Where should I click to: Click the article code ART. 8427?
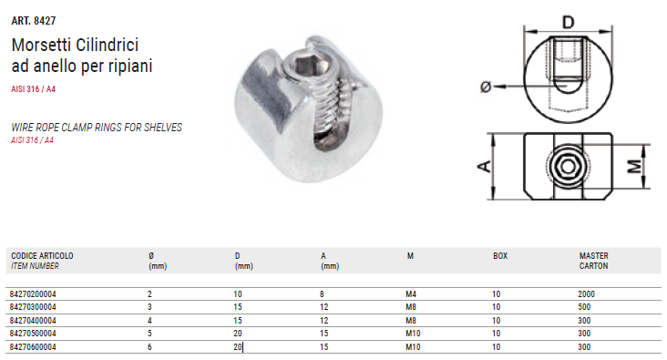34,20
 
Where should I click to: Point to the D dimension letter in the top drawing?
569,22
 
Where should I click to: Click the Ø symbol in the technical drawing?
486,87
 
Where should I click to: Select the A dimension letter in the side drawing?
485,166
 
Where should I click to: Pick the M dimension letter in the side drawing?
635,166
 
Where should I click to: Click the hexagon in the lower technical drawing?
568,166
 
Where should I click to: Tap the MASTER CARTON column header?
594,261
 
